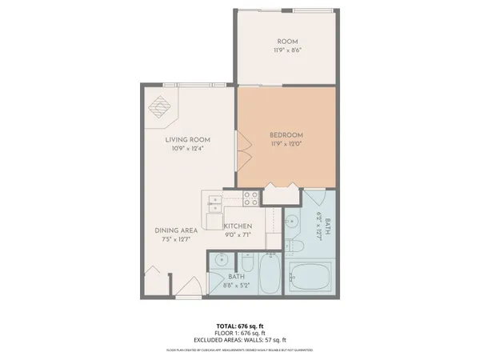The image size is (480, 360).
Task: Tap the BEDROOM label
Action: click(286, 135)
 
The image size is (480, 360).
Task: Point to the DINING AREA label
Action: click(176, 230)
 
